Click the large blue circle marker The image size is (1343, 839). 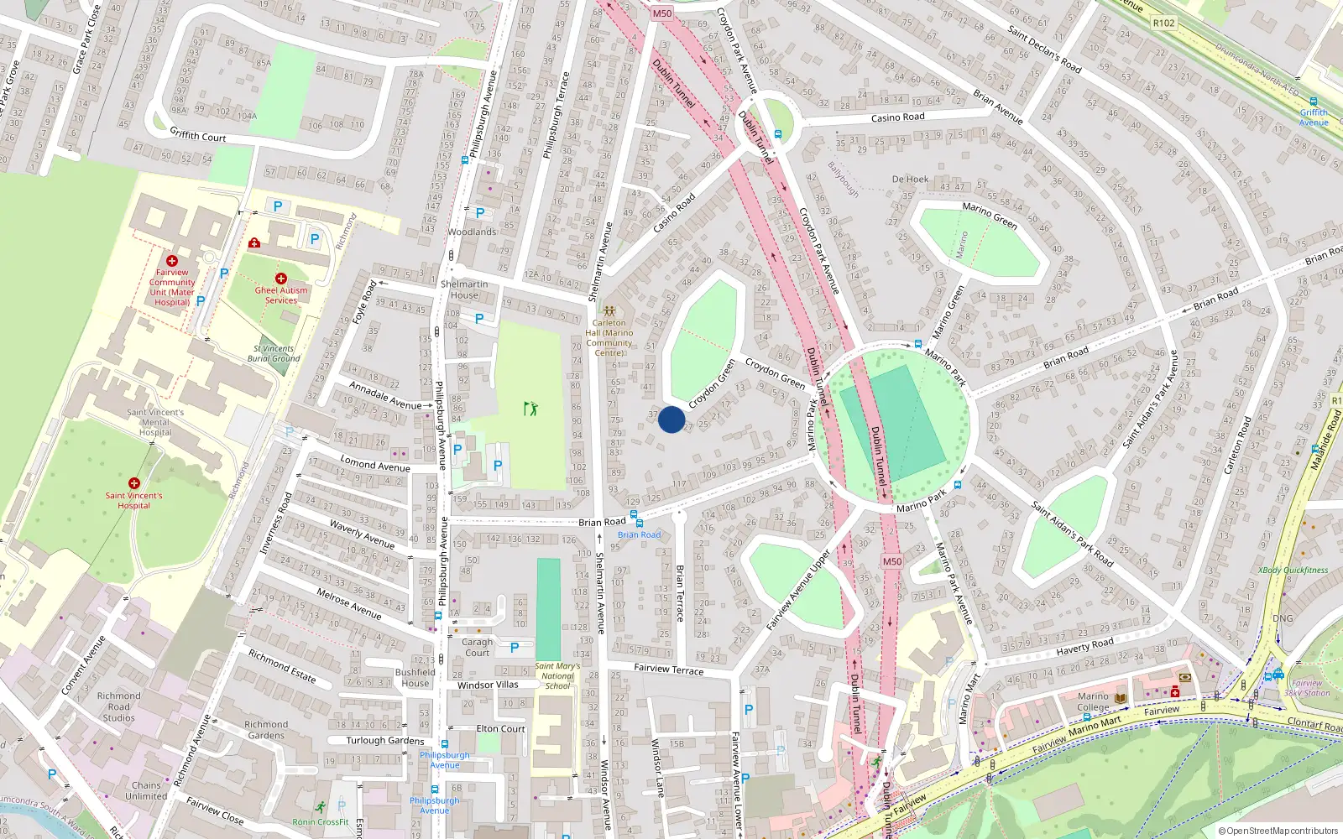coord(671,419)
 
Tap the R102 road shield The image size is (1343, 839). coord(1163,23)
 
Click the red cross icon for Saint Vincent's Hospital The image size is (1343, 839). coord(134,483)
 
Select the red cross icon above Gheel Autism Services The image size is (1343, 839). coord(281,279)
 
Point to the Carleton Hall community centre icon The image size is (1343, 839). coord(609,311)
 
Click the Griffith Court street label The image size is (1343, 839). coord(198,134)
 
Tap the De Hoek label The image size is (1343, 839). coord(910,179)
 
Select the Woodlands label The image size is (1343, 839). coord(472,232)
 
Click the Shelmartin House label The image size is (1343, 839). coord(464,289)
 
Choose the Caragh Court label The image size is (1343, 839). coord(477,648)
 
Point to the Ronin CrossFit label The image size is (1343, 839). coord(321,822)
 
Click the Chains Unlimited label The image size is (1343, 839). coord(146,791)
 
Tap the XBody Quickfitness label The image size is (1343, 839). coord(1293,571)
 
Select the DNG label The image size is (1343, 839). coord(1283,618)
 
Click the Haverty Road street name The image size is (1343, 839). coord(1084,646)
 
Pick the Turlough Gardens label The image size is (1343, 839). coord(385,741)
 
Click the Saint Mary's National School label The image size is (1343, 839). coord(557,676)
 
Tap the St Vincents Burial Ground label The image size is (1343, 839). coord(274,353)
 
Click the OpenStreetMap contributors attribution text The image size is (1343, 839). coord(1278,831)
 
